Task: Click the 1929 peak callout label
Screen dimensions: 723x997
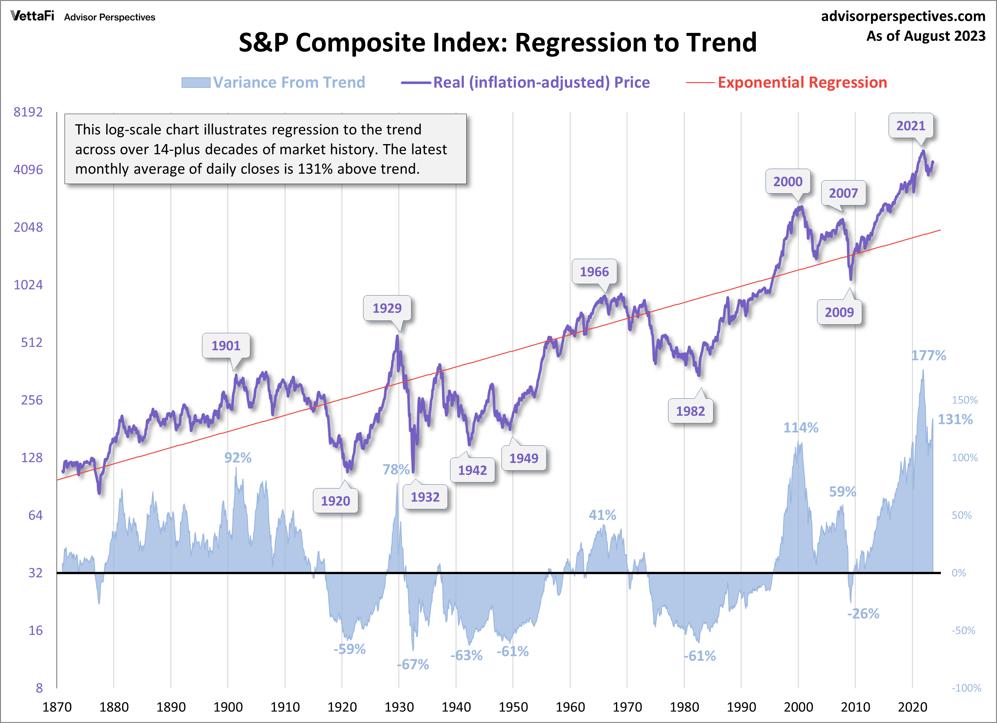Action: (x=387, y=308)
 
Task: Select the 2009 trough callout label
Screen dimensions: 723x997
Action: (x=839, y=312)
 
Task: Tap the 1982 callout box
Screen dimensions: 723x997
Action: (x=690, y=411)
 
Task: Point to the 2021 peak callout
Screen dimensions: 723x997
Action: (x=910, y=126)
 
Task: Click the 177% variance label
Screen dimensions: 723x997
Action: (x=928, y=355)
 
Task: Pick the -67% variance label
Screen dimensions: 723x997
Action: (x=413, y=664)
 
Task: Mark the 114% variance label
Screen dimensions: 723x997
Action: (x=800, y=427)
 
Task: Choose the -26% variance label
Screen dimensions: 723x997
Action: (x=863, y=614)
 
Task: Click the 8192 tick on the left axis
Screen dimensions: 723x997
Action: (x=28, y=112)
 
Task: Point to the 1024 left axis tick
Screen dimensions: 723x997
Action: (x=28, y=285)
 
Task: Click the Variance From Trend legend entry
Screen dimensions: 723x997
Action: (x=289, y=82)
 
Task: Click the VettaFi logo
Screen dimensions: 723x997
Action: (x=32, y=16)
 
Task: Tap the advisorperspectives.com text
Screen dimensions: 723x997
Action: (x=903, y=16)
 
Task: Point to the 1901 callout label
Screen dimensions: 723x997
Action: (x=226, y=346)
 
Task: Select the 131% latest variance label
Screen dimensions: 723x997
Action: (x=955, y=419)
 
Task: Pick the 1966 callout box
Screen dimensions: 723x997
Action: (x=594, y=272)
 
